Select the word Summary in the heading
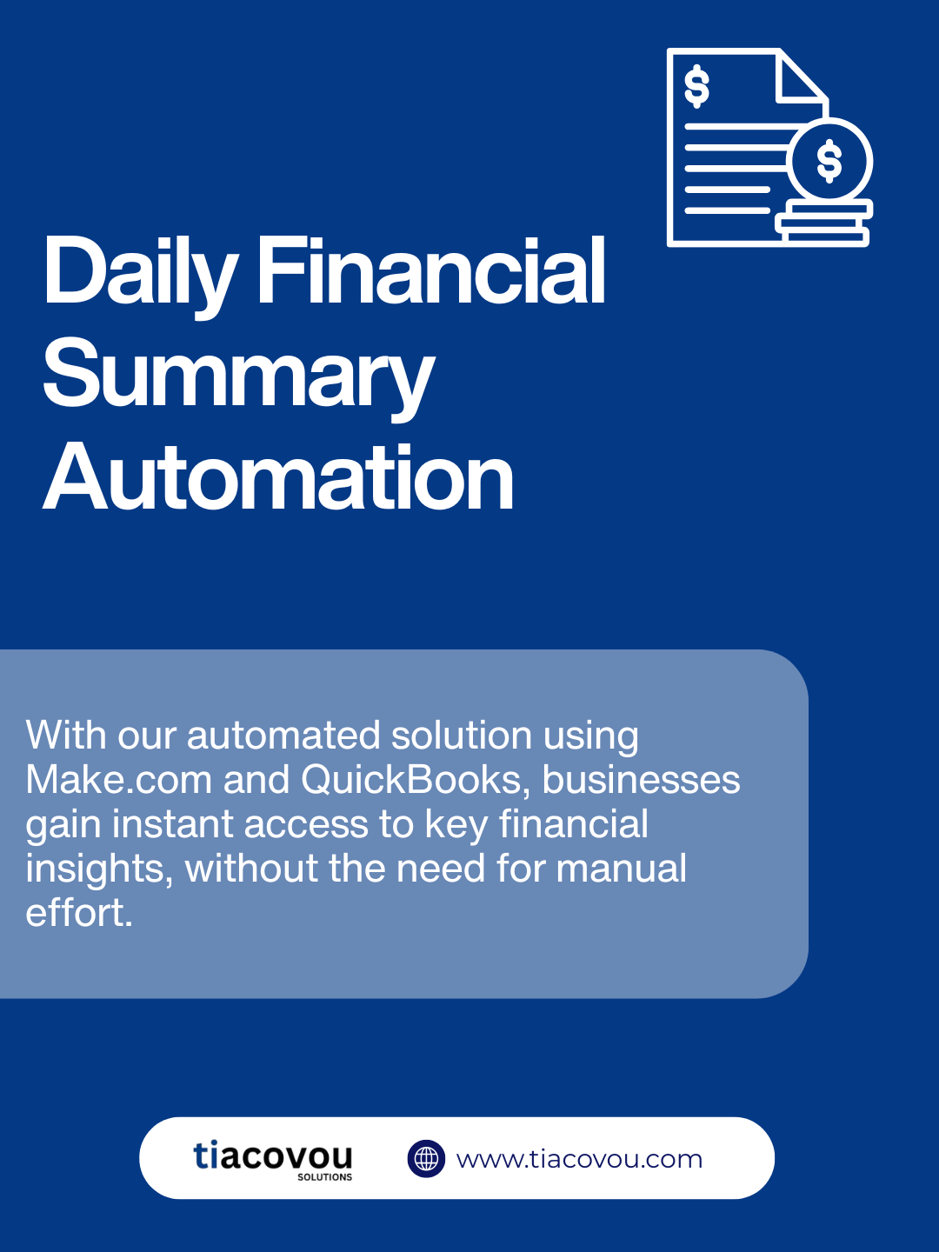(239, 376)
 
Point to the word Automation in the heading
(278, 476)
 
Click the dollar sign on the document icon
(696, 87)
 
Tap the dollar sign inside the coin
(829, 161)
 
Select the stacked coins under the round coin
(824, 223)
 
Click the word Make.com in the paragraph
(118, 779)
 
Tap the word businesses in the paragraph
(641, 779)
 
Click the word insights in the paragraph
(99, 869)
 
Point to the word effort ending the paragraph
(78, 913)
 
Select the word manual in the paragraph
(621, 868)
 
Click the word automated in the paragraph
(283, 735)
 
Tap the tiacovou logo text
(272, 1156)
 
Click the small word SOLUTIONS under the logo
(324, 1177)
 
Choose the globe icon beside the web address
(426, 1158)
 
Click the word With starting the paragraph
(65, 735)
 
